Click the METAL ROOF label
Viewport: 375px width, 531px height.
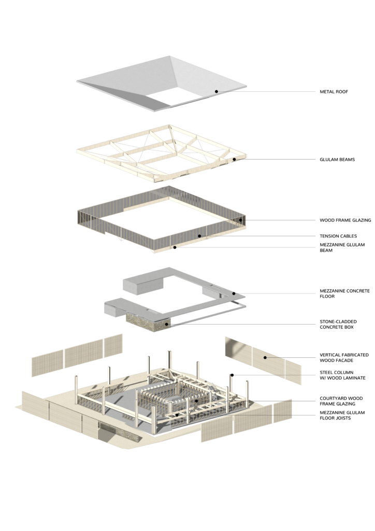click(x=334, y=92)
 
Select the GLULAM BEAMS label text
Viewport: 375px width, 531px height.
click(x=337, y=159)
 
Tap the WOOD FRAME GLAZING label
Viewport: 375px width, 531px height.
click(x=345, y=220)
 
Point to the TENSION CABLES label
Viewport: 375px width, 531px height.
click(x=338, y=236)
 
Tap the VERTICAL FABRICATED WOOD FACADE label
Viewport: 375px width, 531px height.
click(x=344, y=358)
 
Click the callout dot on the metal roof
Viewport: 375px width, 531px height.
click(x=217, y=91)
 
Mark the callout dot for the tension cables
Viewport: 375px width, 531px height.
click(x=199, y=236)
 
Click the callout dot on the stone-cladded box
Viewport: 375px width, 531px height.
click(x=166, y=325)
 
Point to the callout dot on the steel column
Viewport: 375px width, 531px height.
click(x=232, y=375)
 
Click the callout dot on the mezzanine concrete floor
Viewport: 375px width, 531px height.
click(x=234, y=293)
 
